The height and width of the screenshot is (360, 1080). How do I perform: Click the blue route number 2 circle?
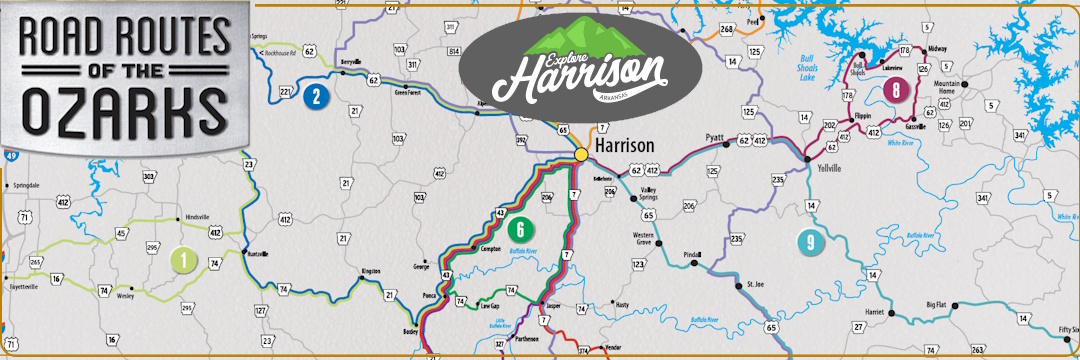(316, 96)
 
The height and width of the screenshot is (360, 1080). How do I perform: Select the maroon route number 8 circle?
(898, 90)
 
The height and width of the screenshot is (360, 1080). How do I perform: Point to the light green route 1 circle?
(183, 260)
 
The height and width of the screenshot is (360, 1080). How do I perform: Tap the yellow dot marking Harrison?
(581, 154)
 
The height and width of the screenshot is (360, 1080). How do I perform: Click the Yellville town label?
(828, 169)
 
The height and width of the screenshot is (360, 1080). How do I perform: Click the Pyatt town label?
(713, 135)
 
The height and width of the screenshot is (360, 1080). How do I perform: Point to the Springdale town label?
(24, 185)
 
